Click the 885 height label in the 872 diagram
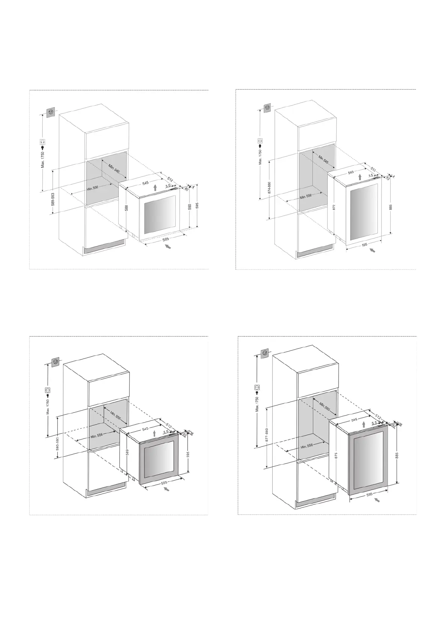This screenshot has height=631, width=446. (x=391, y=207)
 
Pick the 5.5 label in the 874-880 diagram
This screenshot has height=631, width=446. (x=371, y=175)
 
